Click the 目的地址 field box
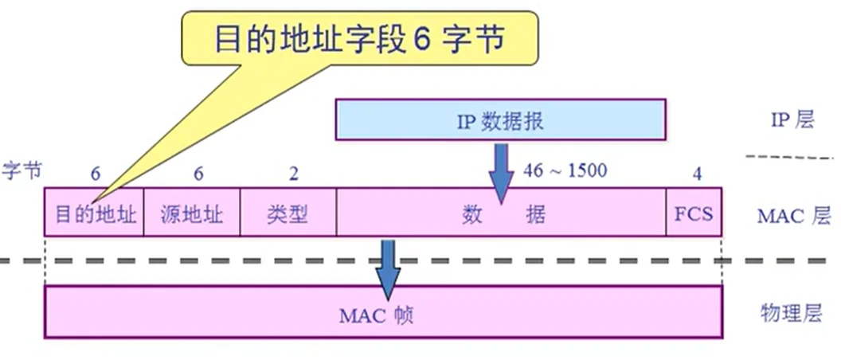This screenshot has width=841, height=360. tap(94, 213)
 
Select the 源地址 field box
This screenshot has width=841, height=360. tap(191, 213)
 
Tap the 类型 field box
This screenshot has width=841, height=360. tap(288, 213)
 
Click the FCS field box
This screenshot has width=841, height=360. tap(694, 213)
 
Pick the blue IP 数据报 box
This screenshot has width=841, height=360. tap(500, 120)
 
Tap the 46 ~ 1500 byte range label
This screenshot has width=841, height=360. tap(565, 170)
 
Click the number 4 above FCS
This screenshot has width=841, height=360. tap(697, 172)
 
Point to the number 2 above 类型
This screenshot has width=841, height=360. tap(294, 172)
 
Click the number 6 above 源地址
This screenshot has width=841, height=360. tap(198, 172)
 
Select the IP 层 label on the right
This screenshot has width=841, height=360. tap(792, 120)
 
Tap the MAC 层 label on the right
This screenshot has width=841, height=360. tap(792, 215)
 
